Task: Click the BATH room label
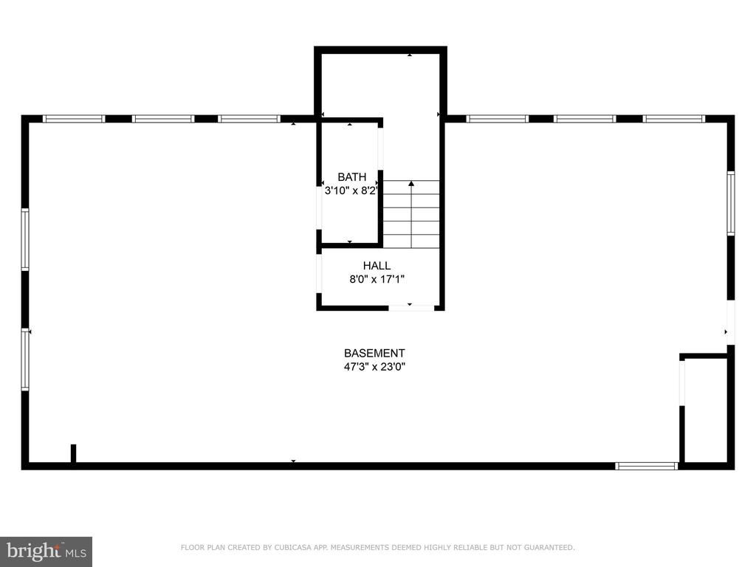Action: pos(352,177)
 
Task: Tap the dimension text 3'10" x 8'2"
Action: pos(351,190)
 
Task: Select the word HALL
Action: pos(377,266)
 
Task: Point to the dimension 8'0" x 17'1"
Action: pos(377,279)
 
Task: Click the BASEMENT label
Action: pos(374,354)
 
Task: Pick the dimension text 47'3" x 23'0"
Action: pos(374,367)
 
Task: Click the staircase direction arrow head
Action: pos(411,184)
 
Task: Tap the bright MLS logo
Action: pos(47,551)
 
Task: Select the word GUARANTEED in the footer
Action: pos(549,548)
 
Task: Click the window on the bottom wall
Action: pos(647,467)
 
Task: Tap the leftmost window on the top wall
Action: pos(74,119)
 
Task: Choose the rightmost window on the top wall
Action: pos(674,119)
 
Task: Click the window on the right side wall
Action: pos(731,204)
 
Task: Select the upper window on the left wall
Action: pos(25,239)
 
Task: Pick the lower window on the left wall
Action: pos(25,360)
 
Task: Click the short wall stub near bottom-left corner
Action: pos(73,454)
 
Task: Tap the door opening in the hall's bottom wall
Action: pos(411,307)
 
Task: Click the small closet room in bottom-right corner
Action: pos(706,410)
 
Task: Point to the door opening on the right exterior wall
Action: pos(731,322)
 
